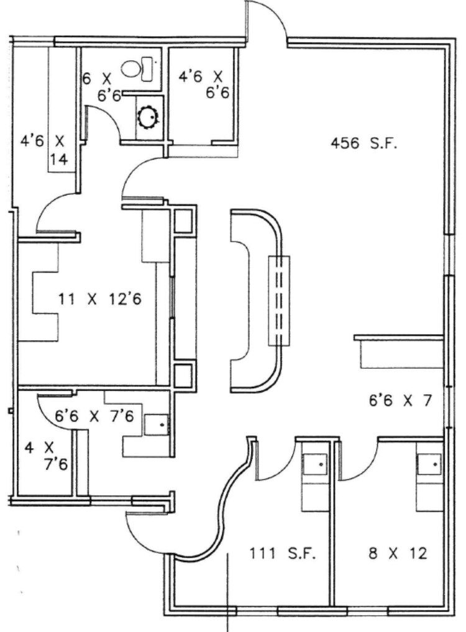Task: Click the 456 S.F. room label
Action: [x=364, y=145]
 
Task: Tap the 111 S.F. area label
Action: [x=283, y=554]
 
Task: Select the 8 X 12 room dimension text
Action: [x=398, y=554]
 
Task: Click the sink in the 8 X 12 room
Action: [x=429, y=463]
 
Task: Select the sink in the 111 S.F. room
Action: [x=314, y=463]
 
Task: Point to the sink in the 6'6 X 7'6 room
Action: [x=157, y=424]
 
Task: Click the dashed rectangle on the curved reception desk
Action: [x=278, y=300]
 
